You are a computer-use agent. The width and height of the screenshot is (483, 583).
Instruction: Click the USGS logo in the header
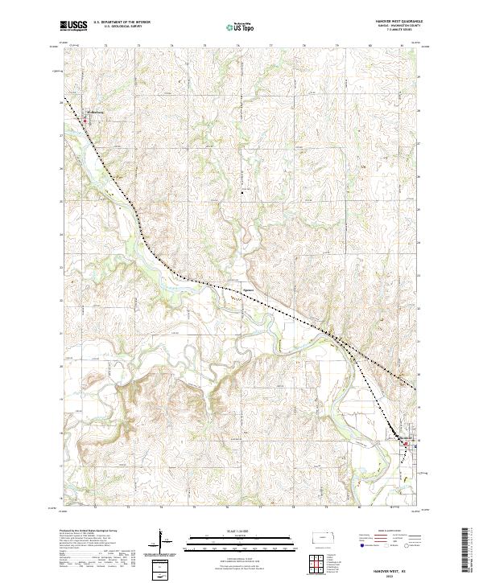click(74, 26)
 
